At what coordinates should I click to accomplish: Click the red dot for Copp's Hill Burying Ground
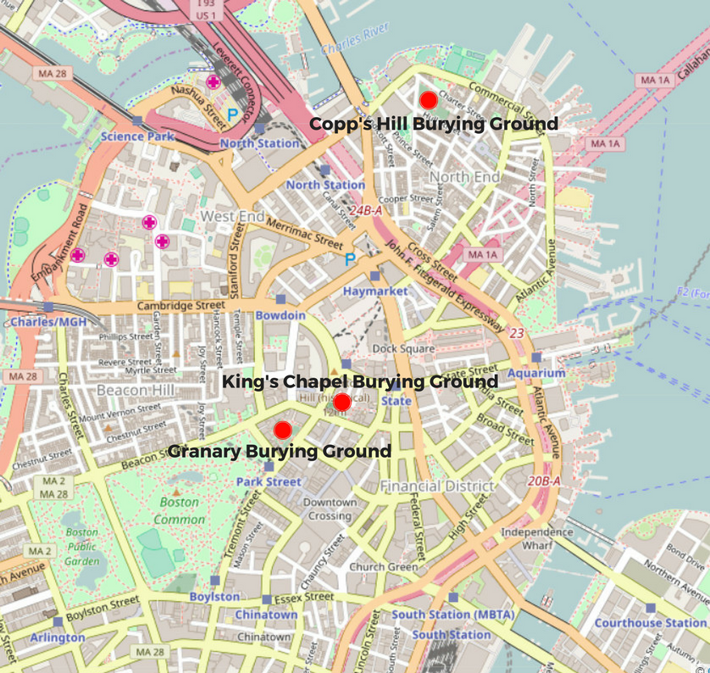click(x=429, y=99)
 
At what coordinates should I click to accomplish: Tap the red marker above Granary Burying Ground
click(x=283, y=430)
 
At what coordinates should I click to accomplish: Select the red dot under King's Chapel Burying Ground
click(x=342, y=402)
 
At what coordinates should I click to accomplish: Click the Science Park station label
click(x=137, y=136)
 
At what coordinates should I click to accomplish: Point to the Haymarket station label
click(x=375, y=291)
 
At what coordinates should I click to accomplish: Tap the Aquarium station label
click(x=537, y=373)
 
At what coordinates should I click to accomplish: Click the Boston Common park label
click(x=180, y=511)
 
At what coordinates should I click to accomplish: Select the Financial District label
click(x=436, y=487)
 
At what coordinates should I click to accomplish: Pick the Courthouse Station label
click(x=650, y=623)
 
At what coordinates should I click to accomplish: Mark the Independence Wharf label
click(x=538, y=538)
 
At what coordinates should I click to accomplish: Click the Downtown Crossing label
click(x=330, y=509)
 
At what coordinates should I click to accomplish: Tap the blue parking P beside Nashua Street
click(x=232, y=114)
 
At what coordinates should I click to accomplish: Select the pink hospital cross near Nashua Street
click(x=214, y=82)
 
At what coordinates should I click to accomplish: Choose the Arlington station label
click(x=58, y=637)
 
